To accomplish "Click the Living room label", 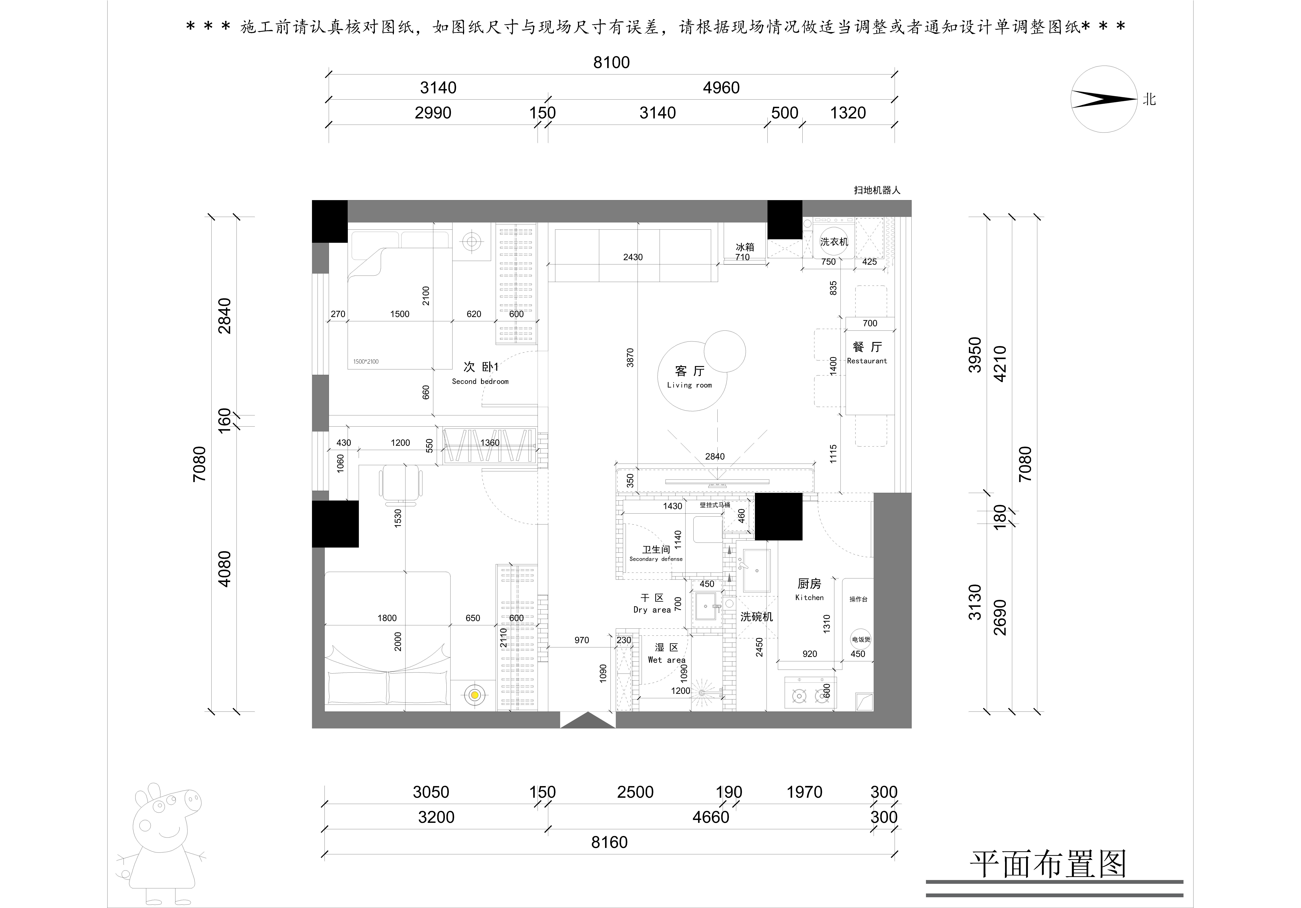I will click(690, 377).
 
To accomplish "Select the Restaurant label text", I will click(867, 360).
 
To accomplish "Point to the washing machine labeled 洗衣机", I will click(834, 242).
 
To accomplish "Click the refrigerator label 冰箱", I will click(744, 247).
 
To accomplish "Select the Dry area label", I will click(652, 604).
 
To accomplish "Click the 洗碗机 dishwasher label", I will click(756, 617).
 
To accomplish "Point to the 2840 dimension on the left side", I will click(225, 316).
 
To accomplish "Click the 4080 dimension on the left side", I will click(225, 568).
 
